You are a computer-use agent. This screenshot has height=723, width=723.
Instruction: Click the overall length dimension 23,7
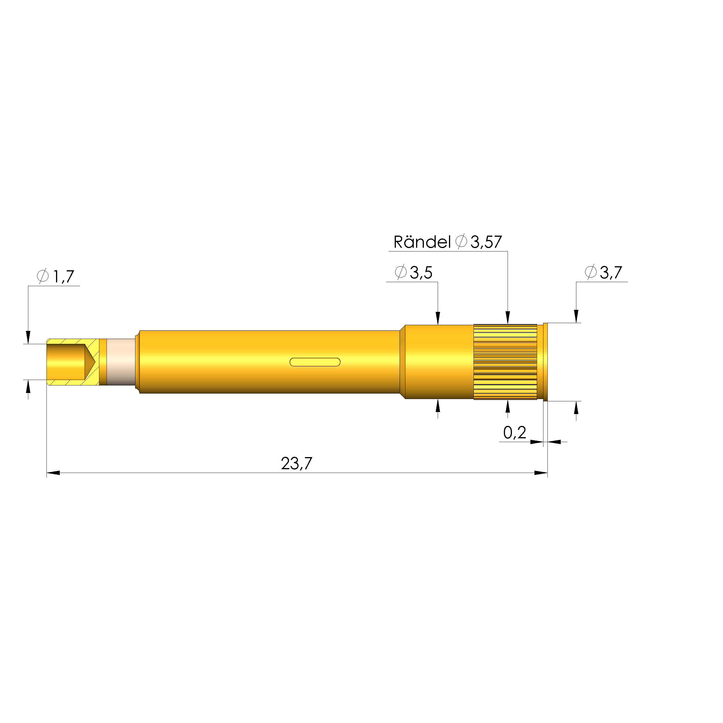point(296,464)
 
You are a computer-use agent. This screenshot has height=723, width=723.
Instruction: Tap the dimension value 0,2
point(514,433)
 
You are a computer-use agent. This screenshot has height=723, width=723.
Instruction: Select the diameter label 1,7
point(63,277)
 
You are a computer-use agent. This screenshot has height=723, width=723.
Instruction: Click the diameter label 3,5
point(421,273)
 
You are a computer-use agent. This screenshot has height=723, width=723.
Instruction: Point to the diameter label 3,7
point(611,273)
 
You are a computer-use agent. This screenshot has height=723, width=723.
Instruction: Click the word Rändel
point(422,242)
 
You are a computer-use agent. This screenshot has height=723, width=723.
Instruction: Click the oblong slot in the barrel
point(315,362)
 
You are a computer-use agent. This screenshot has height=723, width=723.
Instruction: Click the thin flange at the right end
point(545,362)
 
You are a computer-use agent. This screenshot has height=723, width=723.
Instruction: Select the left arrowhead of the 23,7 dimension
point(53,473)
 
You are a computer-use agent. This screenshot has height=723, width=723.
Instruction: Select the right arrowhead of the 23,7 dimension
point(541,473)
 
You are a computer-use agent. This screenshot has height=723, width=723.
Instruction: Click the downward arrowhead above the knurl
point(507,317)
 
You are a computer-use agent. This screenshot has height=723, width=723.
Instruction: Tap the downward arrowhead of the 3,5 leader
point(438,318)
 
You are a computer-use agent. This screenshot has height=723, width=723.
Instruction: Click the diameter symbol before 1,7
point(43,276)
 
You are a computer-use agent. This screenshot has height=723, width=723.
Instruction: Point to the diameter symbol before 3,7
point(590,272)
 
